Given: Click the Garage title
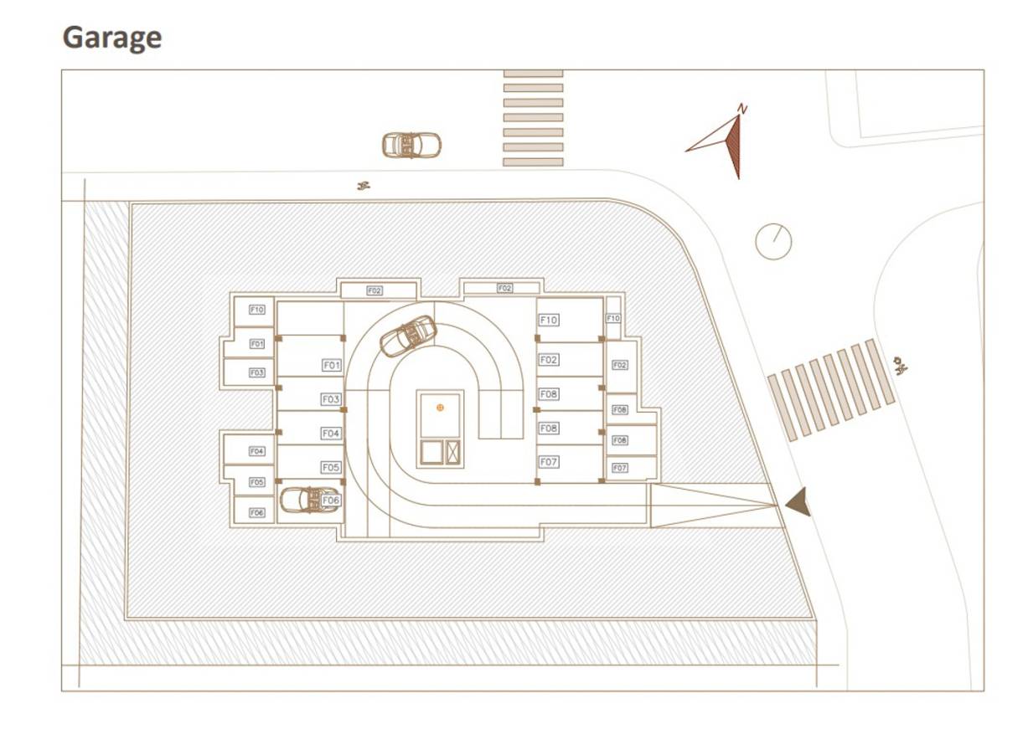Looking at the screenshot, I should tap(112, 38).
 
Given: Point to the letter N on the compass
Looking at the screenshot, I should tap(741, 108).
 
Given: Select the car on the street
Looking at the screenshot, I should tap(411, 145).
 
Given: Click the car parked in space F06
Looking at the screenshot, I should tap(308, 500).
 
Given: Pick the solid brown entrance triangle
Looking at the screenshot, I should tap(798, 501).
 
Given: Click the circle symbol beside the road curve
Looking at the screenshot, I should tap(773, 241).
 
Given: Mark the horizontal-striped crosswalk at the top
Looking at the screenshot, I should tap(533, 118).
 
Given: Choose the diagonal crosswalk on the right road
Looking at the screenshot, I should tap(832, 388).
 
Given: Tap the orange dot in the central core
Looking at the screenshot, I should tap(440, 408).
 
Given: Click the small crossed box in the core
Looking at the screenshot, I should tap(454, 452).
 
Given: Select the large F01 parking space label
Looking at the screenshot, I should tap(331, 365).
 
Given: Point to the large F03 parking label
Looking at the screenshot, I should tap(330, 399).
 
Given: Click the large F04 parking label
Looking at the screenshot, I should tap(330, 434).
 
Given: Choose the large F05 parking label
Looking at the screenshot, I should tap(330, 467).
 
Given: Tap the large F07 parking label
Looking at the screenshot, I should tap(549, 461).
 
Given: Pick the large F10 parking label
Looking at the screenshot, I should tap(549, 320).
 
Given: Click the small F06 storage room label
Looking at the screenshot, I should tap(256, 512).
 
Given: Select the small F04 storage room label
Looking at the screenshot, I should tap(256, 451).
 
